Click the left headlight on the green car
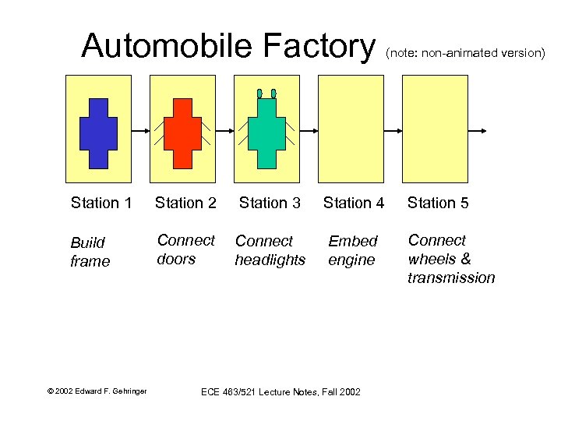259,94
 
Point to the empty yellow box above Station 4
351,128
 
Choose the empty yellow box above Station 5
435,128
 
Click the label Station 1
101,203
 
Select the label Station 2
185,203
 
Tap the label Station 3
270,203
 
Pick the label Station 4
354,203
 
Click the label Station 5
438,203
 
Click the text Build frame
90,252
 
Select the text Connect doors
185,249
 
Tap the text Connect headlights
270,250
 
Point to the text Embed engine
352,250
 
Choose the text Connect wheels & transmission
450,259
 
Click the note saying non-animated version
464,53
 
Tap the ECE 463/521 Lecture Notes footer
280,391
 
